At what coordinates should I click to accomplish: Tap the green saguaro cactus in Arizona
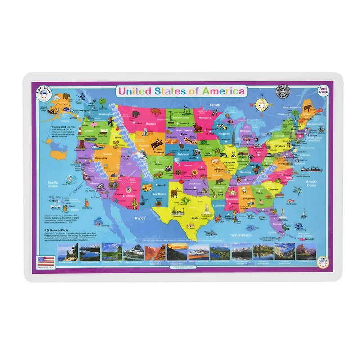coord(134,204)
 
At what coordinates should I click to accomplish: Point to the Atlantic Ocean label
coord(311,183)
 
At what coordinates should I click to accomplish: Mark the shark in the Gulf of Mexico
coord(210,233)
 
